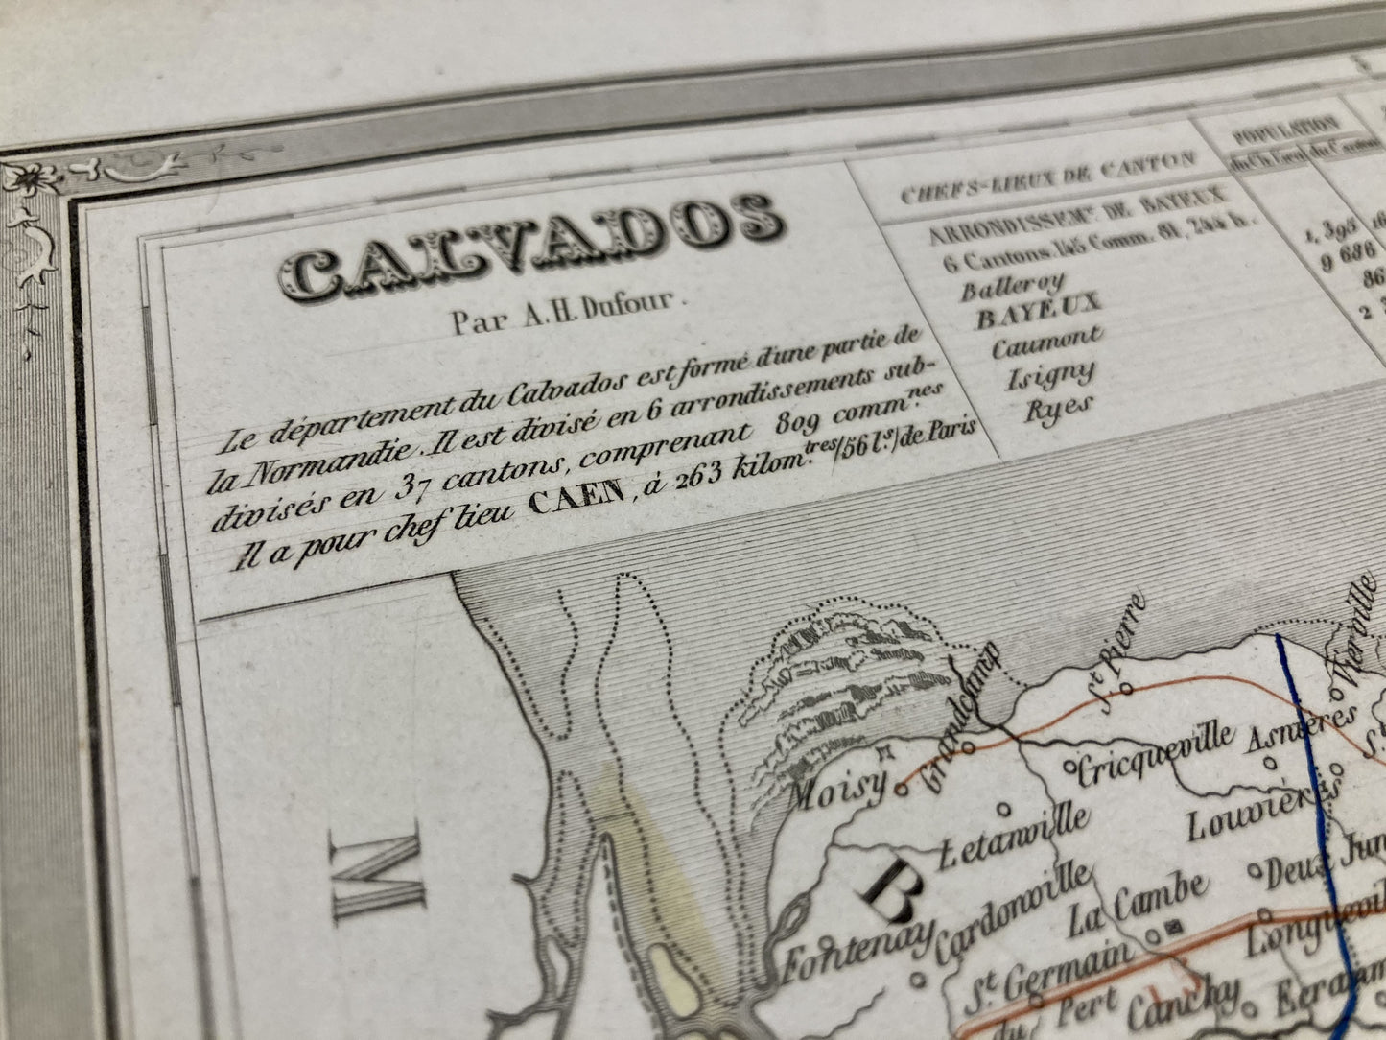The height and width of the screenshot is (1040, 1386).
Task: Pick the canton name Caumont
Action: (1046, 343)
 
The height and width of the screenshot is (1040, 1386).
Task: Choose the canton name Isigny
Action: (1049, 375)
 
